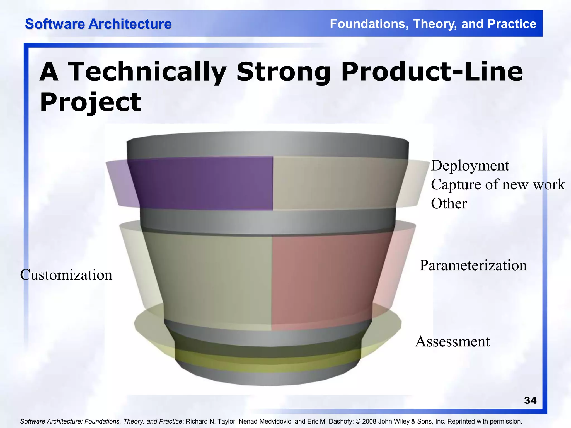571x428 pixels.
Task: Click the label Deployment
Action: [470, 166]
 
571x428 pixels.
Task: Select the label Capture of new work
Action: [498, 185]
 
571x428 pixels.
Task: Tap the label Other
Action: [449, 204]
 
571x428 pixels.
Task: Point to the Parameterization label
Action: [473, 265]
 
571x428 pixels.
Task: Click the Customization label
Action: [66, 275]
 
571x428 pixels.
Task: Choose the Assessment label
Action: [452, 342]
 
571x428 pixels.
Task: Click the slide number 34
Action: [530, 400]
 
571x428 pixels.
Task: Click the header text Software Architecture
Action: [98, 24]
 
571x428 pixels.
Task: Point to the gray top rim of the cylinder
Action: [268, 146]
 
